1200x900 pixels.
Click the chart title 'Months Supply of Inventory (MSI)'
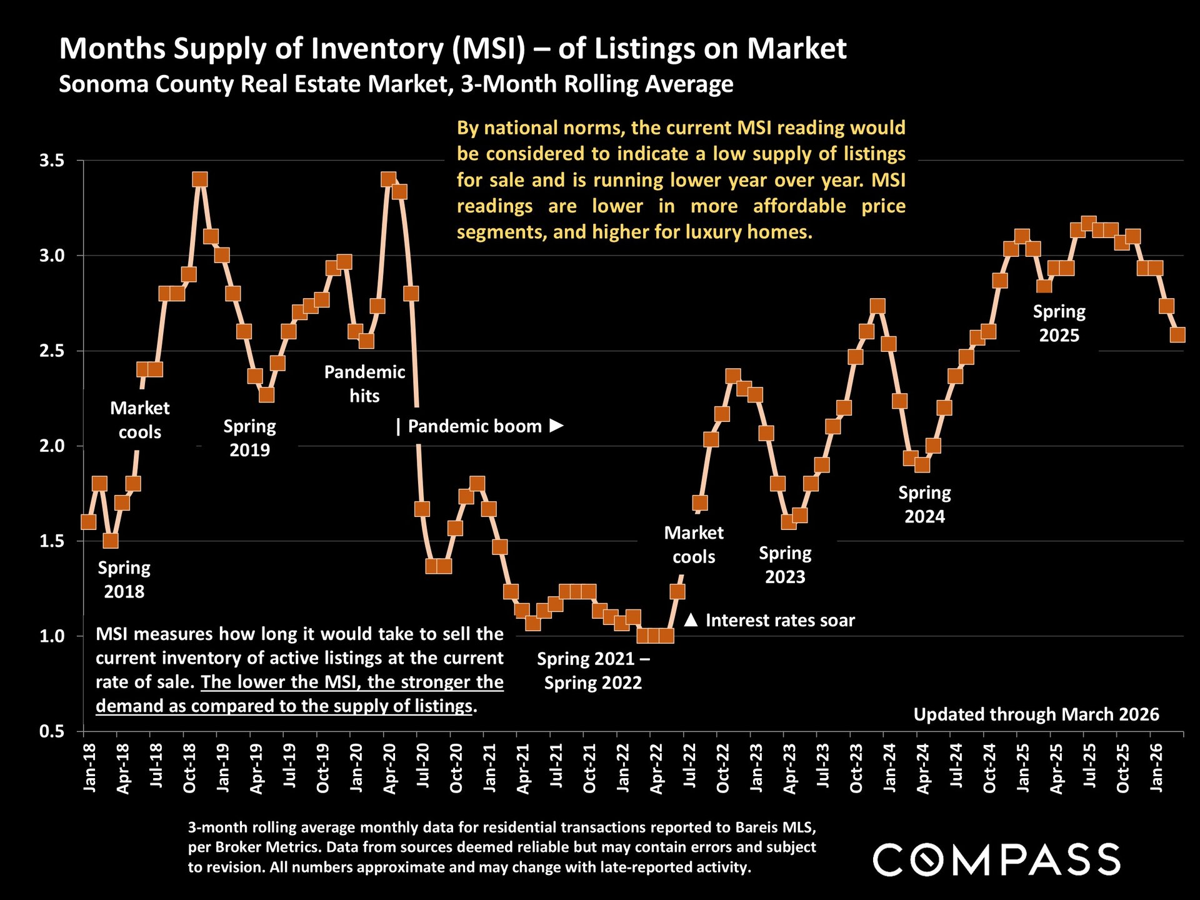pyautogui.click(x=292, y=49)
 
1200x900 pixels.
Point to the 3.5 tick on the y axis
pyautogui.click(x=52, y=161)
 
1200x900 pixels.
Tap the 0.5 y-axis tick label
pyautogui.click(x=52, y=731)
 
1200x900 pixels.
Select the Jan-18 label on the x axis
pyautogui.click(x=89, y=767)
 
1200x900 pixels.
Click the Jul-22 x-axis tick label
pyautogui.click(x=689, y=767)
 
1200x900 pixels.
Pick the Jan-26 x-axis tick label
pyautogui.click(x=1156, y=767)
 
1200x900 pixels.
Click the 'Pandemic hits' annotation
pyautogui.click(x=364, y=384)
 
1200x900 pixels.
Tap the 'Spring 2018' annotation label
pyautogui.click(x=124, y=579)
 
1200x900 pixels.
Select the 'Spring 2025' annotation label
pyautogui.click(x=1059, y=323)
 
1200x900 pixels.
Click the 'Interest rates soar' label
pyautogui.click(x=780, y=620)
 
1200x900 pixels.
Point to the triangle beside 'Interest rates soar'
pyautogui.click(x=691, y=620)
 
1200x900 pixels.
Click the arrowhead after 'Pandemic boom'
pyautogui.click(x=556, y=426)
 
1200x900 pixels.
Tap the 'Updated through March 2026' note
pyautogui.click(x=1036, y=714)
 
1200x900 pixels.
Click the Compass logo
pyautogui.click(x=996, y=859)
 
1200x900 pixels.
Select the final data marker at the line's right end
pyautogui.click(x=1177, y=335)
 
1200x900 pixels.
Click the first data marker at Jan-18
pyautogui.click(x=89, y=521)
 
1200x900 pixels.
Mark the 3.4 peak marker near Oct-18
pyautogui.click(x=200, y=179)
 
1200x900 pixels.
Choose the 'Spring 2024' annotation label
pyautogui.click(x=924, y=504)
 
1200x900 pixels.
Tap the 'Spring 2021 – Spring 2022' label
pyautogui.click(x=593, y=671)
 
